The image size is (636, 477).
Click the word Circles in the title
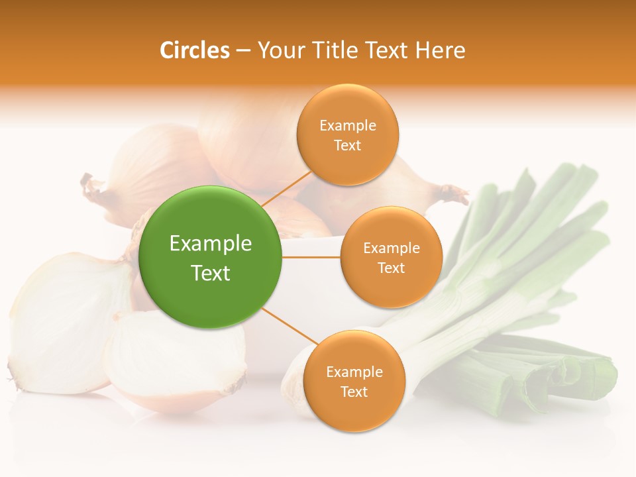tap(194, 50)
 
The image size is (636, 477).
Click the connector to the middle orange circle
tap(311, 257)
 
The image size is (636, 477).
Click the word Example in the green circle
tap(211, 244)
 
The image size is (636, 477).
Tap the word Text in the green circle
tap(211, 273)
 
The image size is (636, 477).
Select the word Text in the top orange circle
tap(348, 146)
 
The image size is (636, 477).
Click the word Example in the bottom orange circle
tap(354, 372)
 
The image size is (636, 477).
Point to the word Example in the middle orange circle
tap(392, 248)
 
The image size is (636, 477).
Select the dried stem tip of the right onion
tap(454, 193)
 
